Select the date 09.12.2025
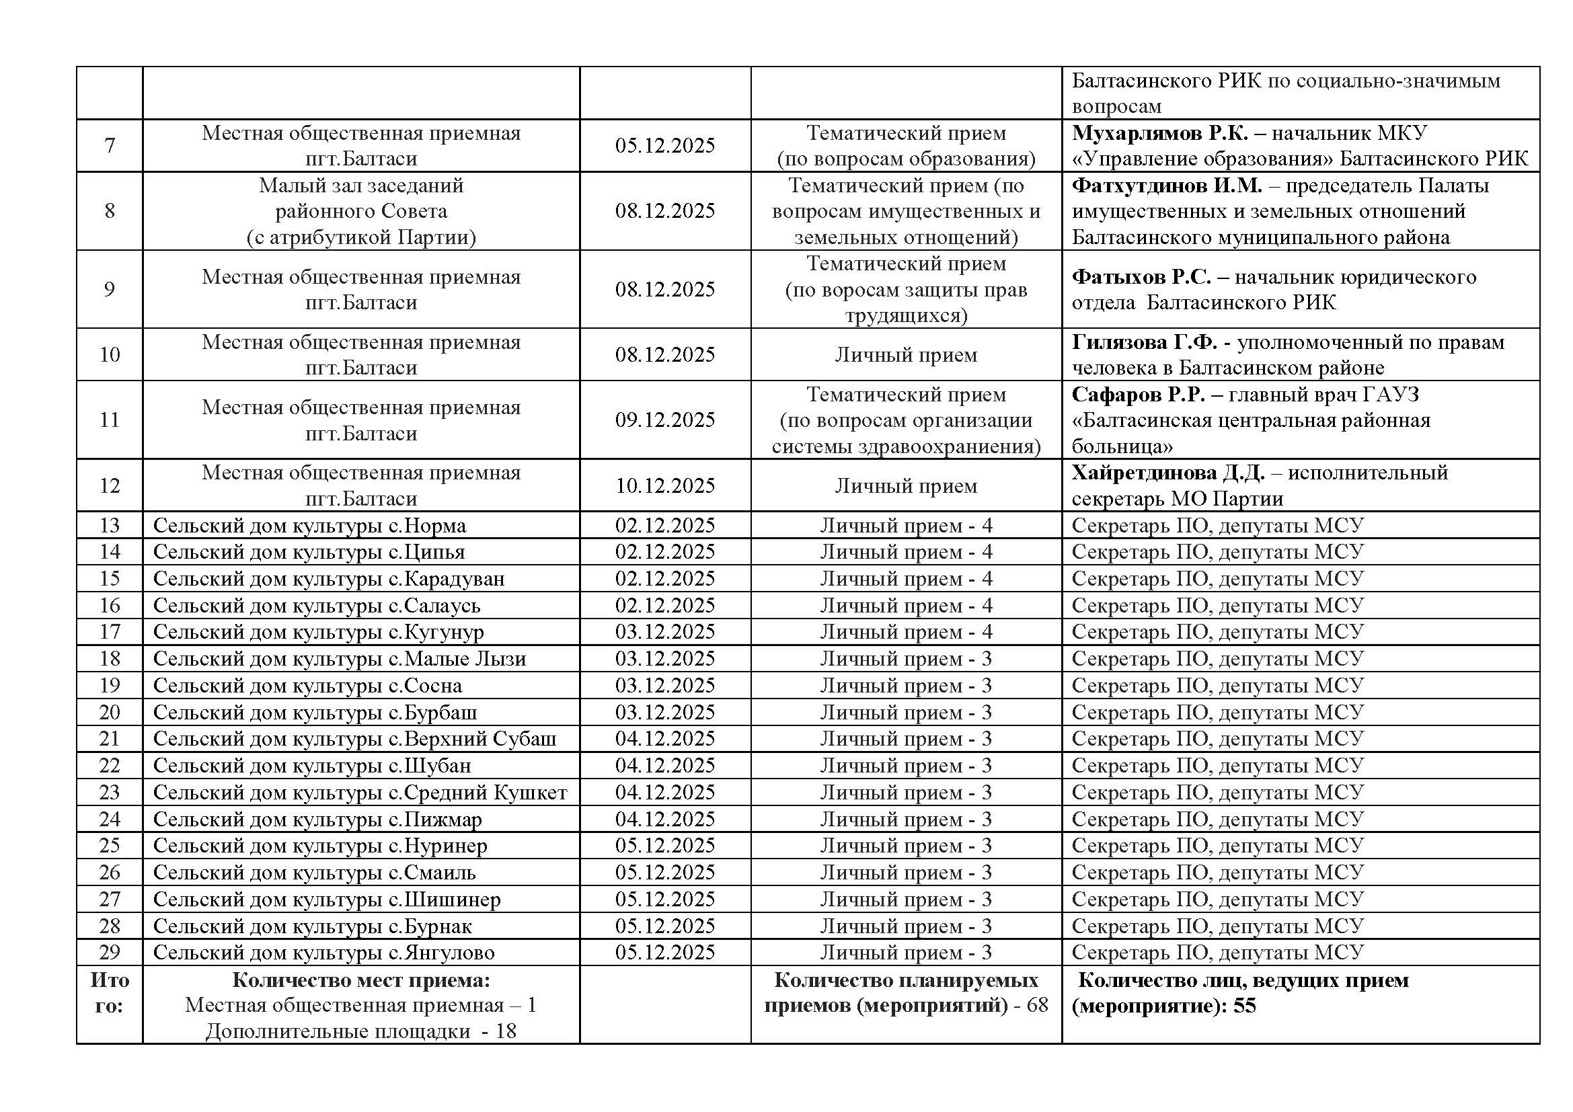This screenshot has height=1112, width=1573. click(x=664, y=420)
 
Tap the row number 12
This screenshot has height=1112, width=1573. click(x=110, y=485)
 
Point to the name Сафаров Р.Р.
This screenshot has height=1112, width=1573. click(x=1138, y=395)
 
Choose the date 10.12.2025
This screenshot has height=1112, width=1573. click(x=664, y=485)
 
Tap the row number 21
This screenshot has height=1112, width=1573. click(x=110, y=739)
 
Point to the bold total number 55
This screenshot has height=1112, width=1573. click(x=1244, y=1006)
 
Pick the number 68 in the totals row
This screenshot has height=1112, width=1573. click(x=1037, y=1005)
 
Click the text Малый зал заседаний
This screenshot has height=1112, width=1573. click(x=361, y=186)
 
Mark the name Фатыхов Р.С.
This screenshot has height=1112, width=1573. click(x=1141, y=276)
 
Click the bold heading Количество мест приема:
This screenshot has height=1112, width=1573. click(x=361, y=980)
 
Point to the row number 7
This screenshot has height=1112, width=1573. click(x=110, y=145)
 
